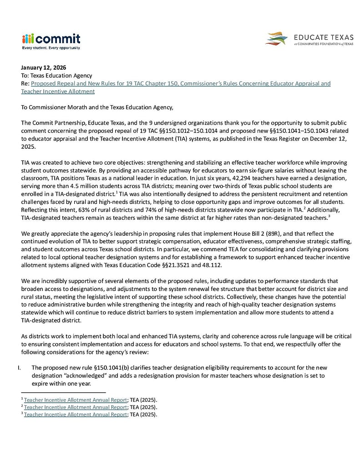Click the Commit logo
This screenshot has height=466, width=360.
tap(51, 39)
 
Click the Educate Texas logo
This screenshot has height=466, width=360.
tap(309, 39)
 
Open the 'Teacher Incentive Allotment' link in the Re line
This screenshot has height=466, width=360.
tap(58, 91)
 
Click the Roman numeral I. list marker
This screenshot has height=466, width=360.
tap(24, 367)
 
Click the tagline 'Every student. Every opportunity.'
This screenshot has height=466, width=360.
tap(51, 48)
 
